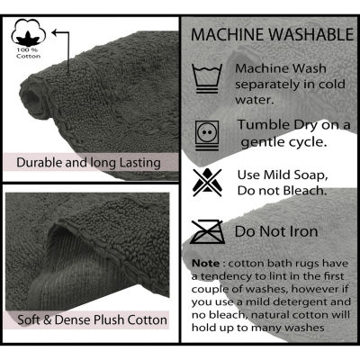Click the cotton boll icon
point(29,32)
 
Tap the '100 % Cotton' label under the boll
point(29,53)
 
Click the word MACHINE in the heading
point(228,35)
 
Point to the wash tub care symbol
point(207,78)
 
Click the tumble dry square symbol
point(207,135)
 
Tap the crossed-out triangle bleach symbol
point(207,182)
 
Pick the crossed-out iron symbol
point(207,232)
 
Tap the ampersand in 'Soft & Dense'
point(48,319)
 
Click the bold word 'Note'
point(205,264)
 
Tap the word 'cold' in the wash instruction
point(332,85)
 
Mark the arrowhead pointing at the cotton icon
point(55,32)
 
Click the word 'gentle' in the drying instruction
point(261,142)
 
